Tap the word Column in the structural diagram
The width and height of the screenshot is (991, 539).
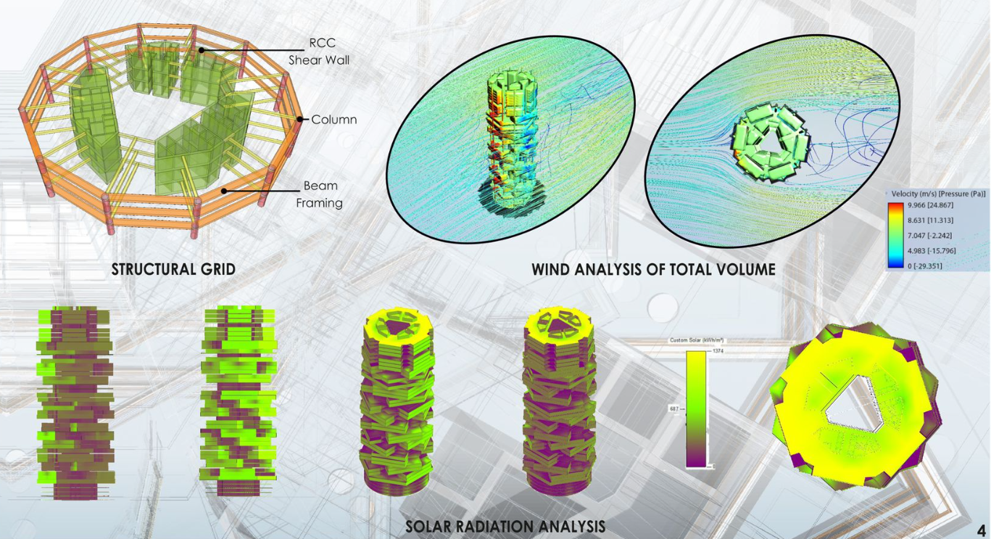pyautogui.click(x=334, y=120)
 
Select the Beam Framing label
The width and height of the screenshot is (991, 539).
pyautogui.click(x=319, y=194)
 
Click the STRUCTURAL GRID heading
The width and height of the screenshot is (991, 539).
pyautogui.click(x=173, y=270)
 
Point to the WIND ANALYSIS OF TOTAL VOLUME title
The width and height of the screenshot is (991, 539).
pyautogui.click(x=653, y=270)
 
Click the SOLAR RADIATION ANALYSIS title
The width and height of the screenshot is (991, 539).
pyautogui.click(x=505, y=527)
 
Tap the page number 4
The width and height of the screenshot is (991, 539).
pyautogui.click(x=981, y=530)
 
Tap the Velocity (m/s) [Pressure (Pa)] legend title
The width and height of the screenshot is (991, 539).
pyautogui.click(x=938, y=194)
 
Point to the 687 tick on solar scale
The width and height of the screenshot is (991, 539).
pyautogui.click(x=673, y=409)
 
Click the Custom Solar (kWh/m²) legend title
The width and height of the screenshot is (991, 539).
pyautogui.click(x=697, y=340)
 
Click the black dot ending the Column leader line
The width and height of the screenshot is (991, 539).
pyautogui.click(x=301, y=119)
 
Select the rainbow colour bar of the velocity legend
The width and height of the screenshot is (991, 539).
pyautogui.click(x=895, y=236)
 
